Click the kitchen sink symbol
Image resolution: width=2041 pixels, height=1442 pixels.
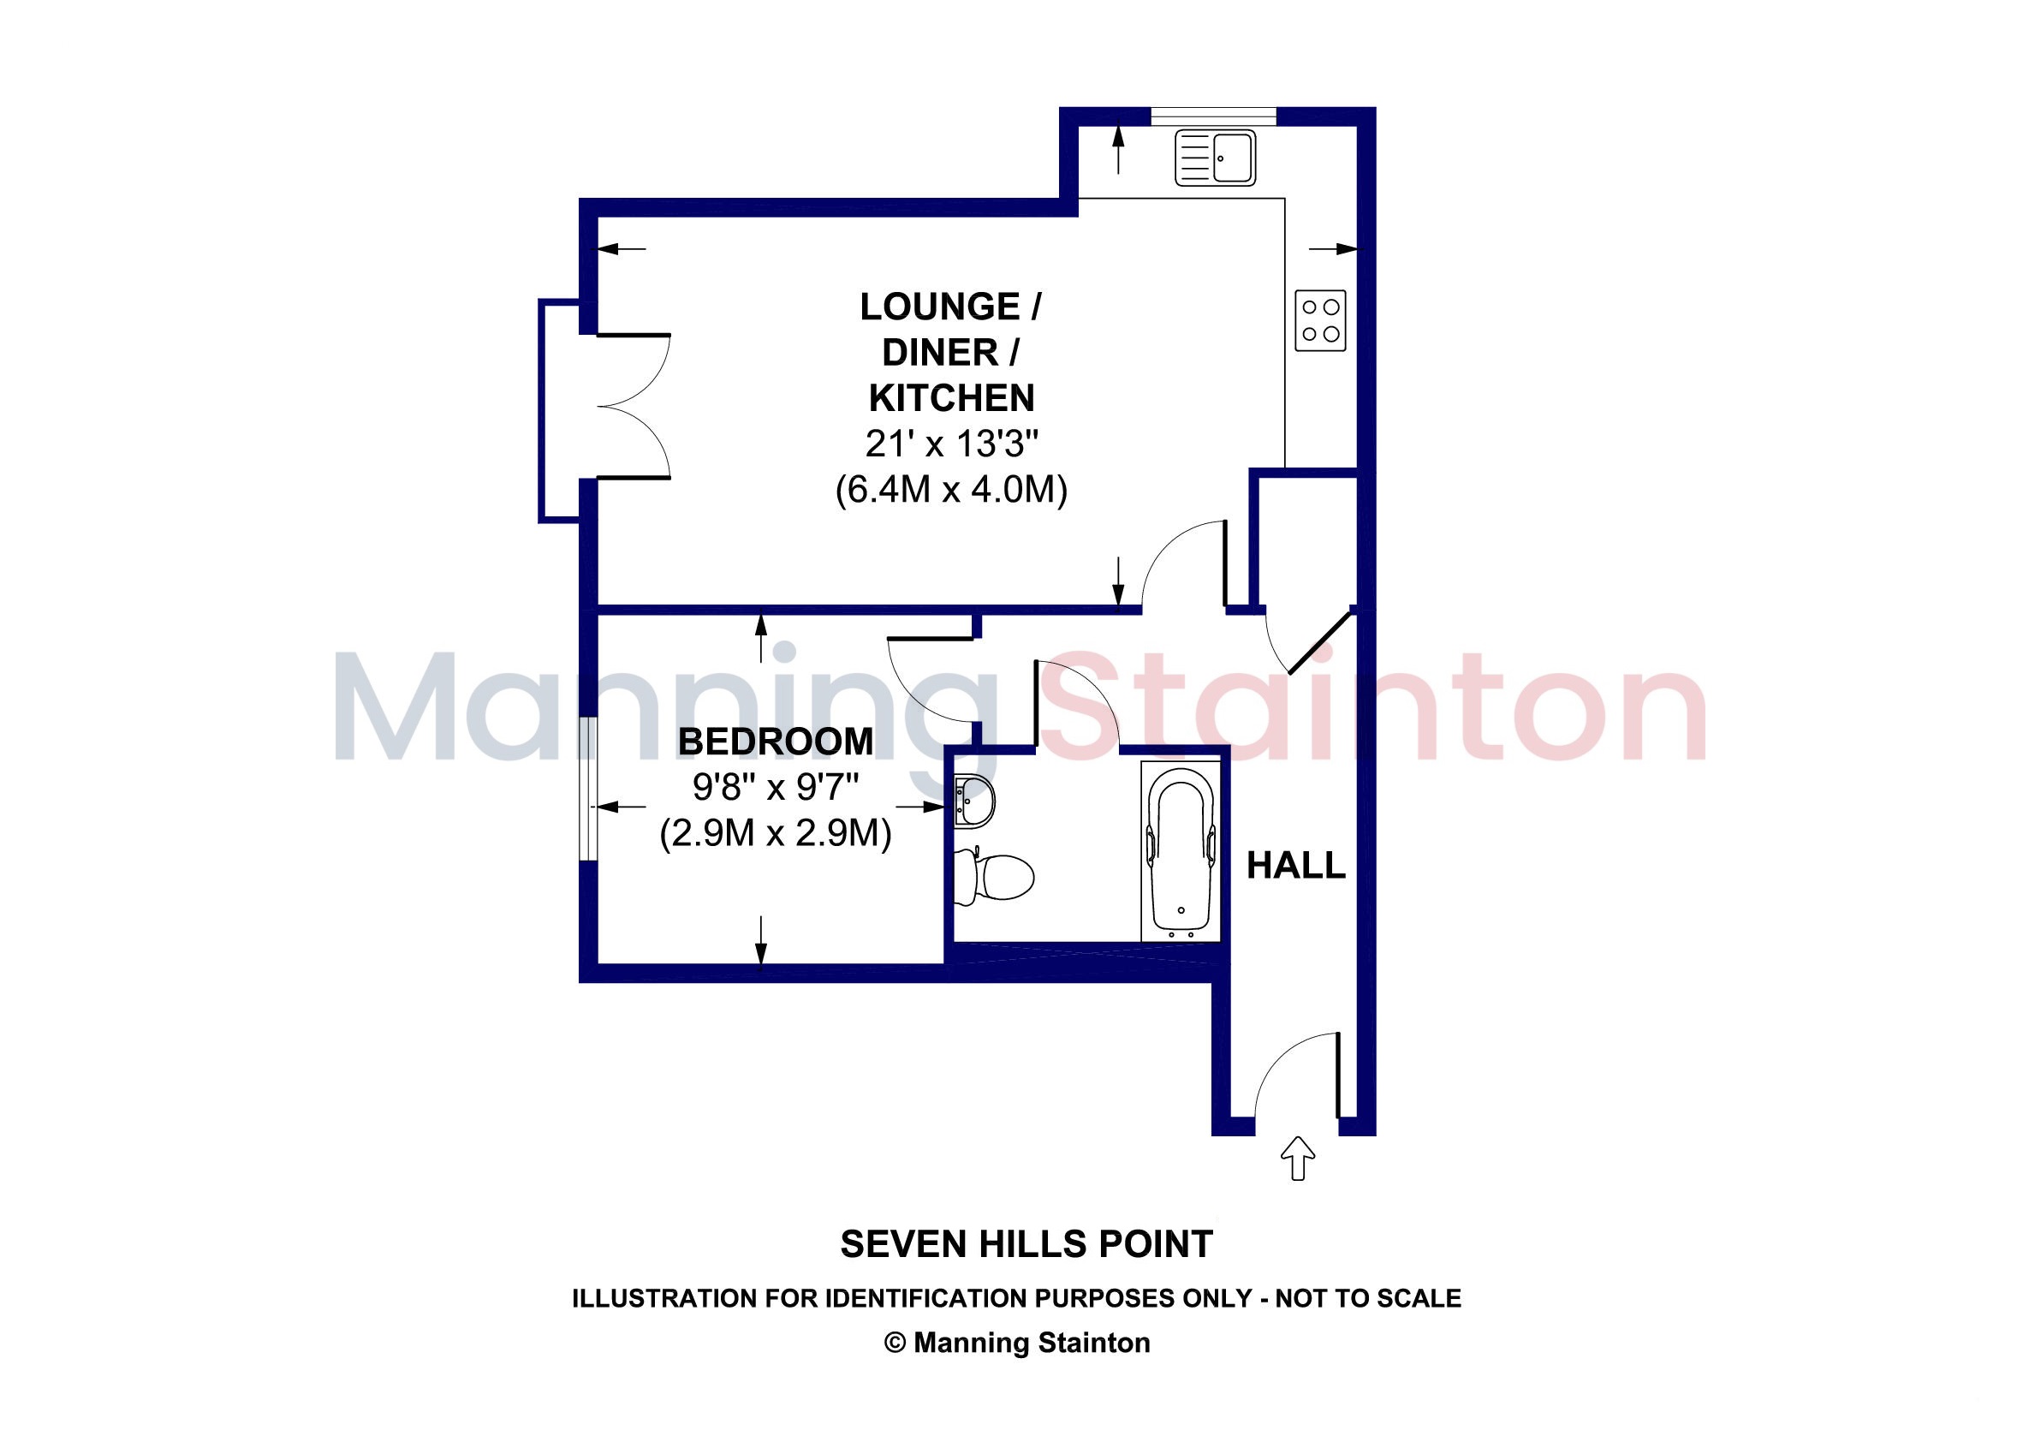click(1214, 158)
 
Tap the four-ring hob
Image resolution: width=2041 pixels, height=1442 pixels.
click(1320, 321)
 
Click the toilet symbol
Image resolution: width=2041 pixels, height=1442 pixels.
click(993, 876)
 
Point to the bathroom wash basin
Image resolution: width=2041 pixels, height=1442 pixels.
click(973, 800)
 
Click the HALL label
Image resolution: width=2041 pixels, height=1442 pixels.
click(1296, 865)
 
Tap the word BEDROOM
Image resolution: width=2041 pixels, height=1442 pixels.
click(775, 742)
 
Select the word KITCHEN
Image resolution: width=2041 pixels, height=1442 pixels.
click(951, 398)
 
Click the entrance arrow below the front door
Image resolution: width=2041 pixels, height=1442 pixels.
click(1298, 1158)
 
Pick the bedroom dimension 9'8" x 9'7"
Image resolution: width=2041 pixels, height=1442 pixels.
click(775, 787)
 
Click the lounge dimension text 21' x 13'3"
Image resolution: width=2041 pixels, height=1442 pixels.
click(952, 444)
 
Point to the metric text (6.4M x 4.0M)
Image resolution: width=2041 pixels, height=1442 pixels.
click(951, 490)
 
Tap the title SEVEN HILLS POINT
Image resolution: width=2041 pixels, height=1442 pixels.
click(1026, 1245)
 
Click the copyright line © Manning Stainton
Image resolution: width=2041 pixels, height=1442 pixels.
click(1017, 1343)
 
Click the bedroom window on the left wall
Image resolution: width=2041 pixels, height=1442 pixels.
click(588, 789)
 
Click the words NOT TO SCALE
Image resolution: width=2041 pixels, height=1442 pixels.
click(1368, 1299)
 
